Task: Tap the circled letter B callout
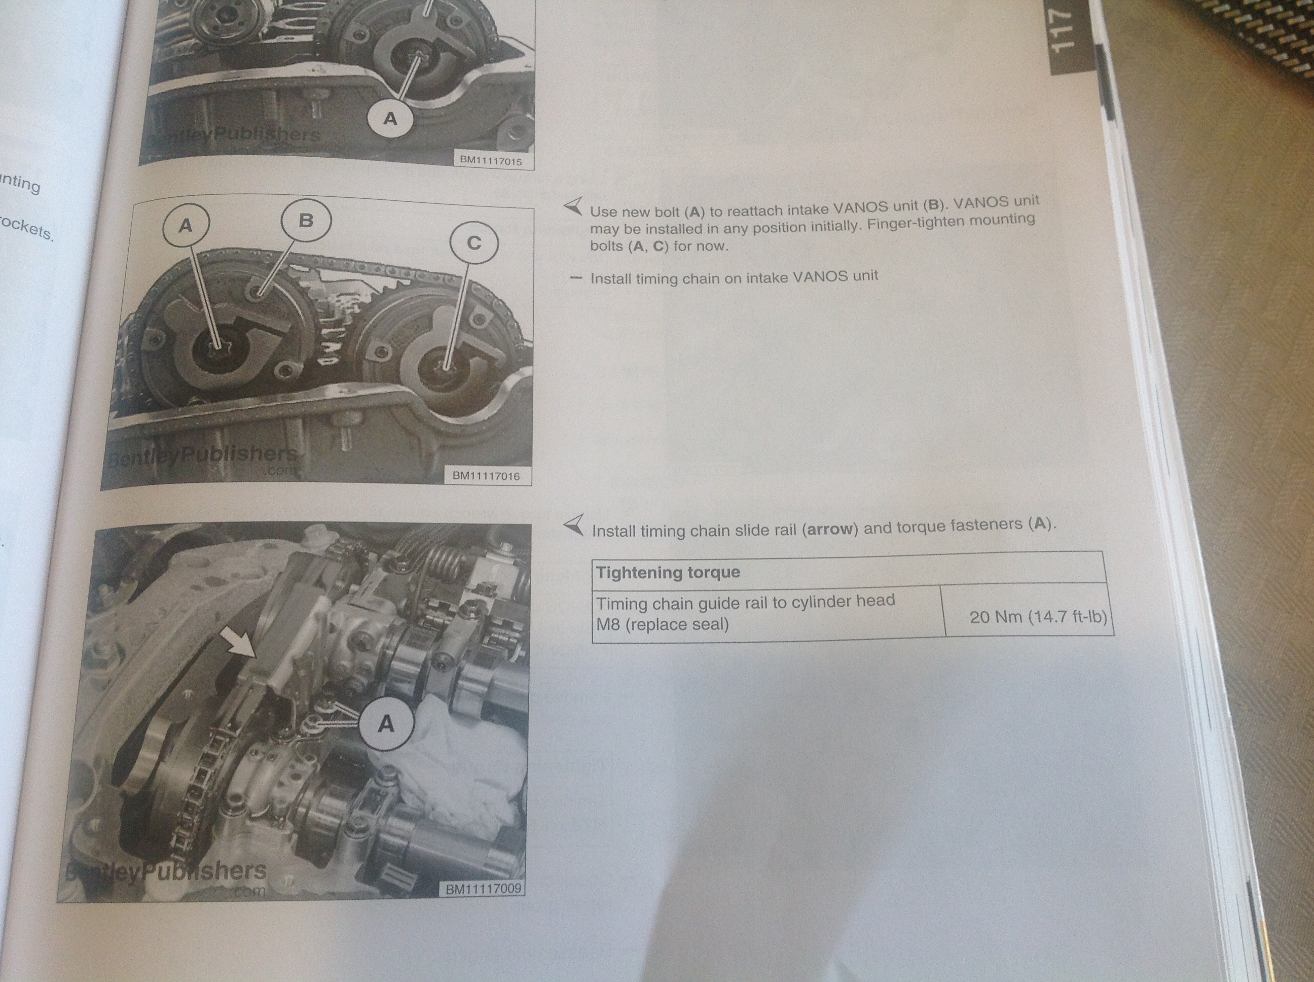305,221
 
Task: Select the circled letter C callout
473,243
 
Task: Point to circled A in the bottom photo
386,723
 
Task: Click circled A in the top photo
390,119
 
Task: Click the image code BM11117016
486,476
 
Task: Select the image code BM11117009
483,889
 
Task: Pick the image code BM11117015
491,160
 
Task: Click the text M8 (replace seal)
663,625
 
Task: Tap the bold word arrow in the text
830,529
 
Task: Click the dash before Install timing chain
574,278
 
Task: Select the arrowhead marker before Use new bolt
573,206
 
